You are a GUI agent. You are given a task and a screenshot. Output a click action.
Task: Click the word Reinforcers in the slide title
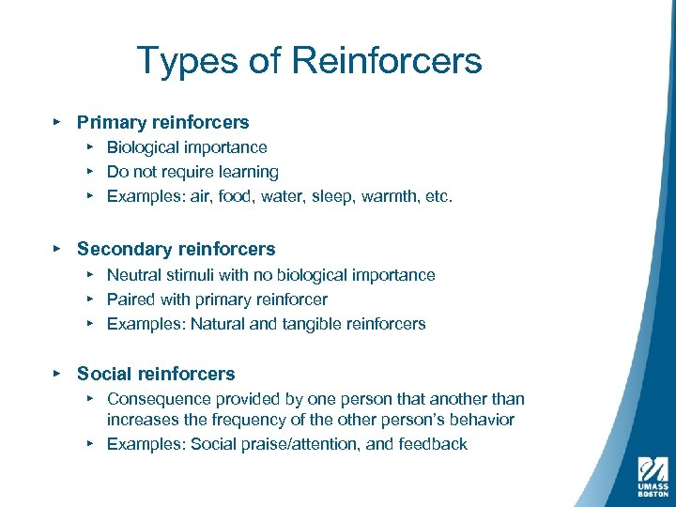[x=387, y=62]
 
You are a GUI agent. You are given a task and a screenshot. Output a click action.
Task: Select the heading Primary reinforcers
[x=163, y=122]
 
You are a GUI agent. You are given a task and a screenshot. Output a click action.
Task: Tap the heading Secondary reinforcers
[x=177, y=249]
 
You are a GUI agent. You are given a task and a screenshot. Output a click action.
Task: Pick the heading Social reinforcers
[x=156, y=374]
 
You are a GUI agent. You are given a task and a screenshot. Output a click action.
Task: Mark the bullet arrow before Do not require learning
[x=90, y=172]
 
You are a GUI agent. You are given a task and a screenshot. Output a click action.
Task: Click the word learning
[x=247, y=172]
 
